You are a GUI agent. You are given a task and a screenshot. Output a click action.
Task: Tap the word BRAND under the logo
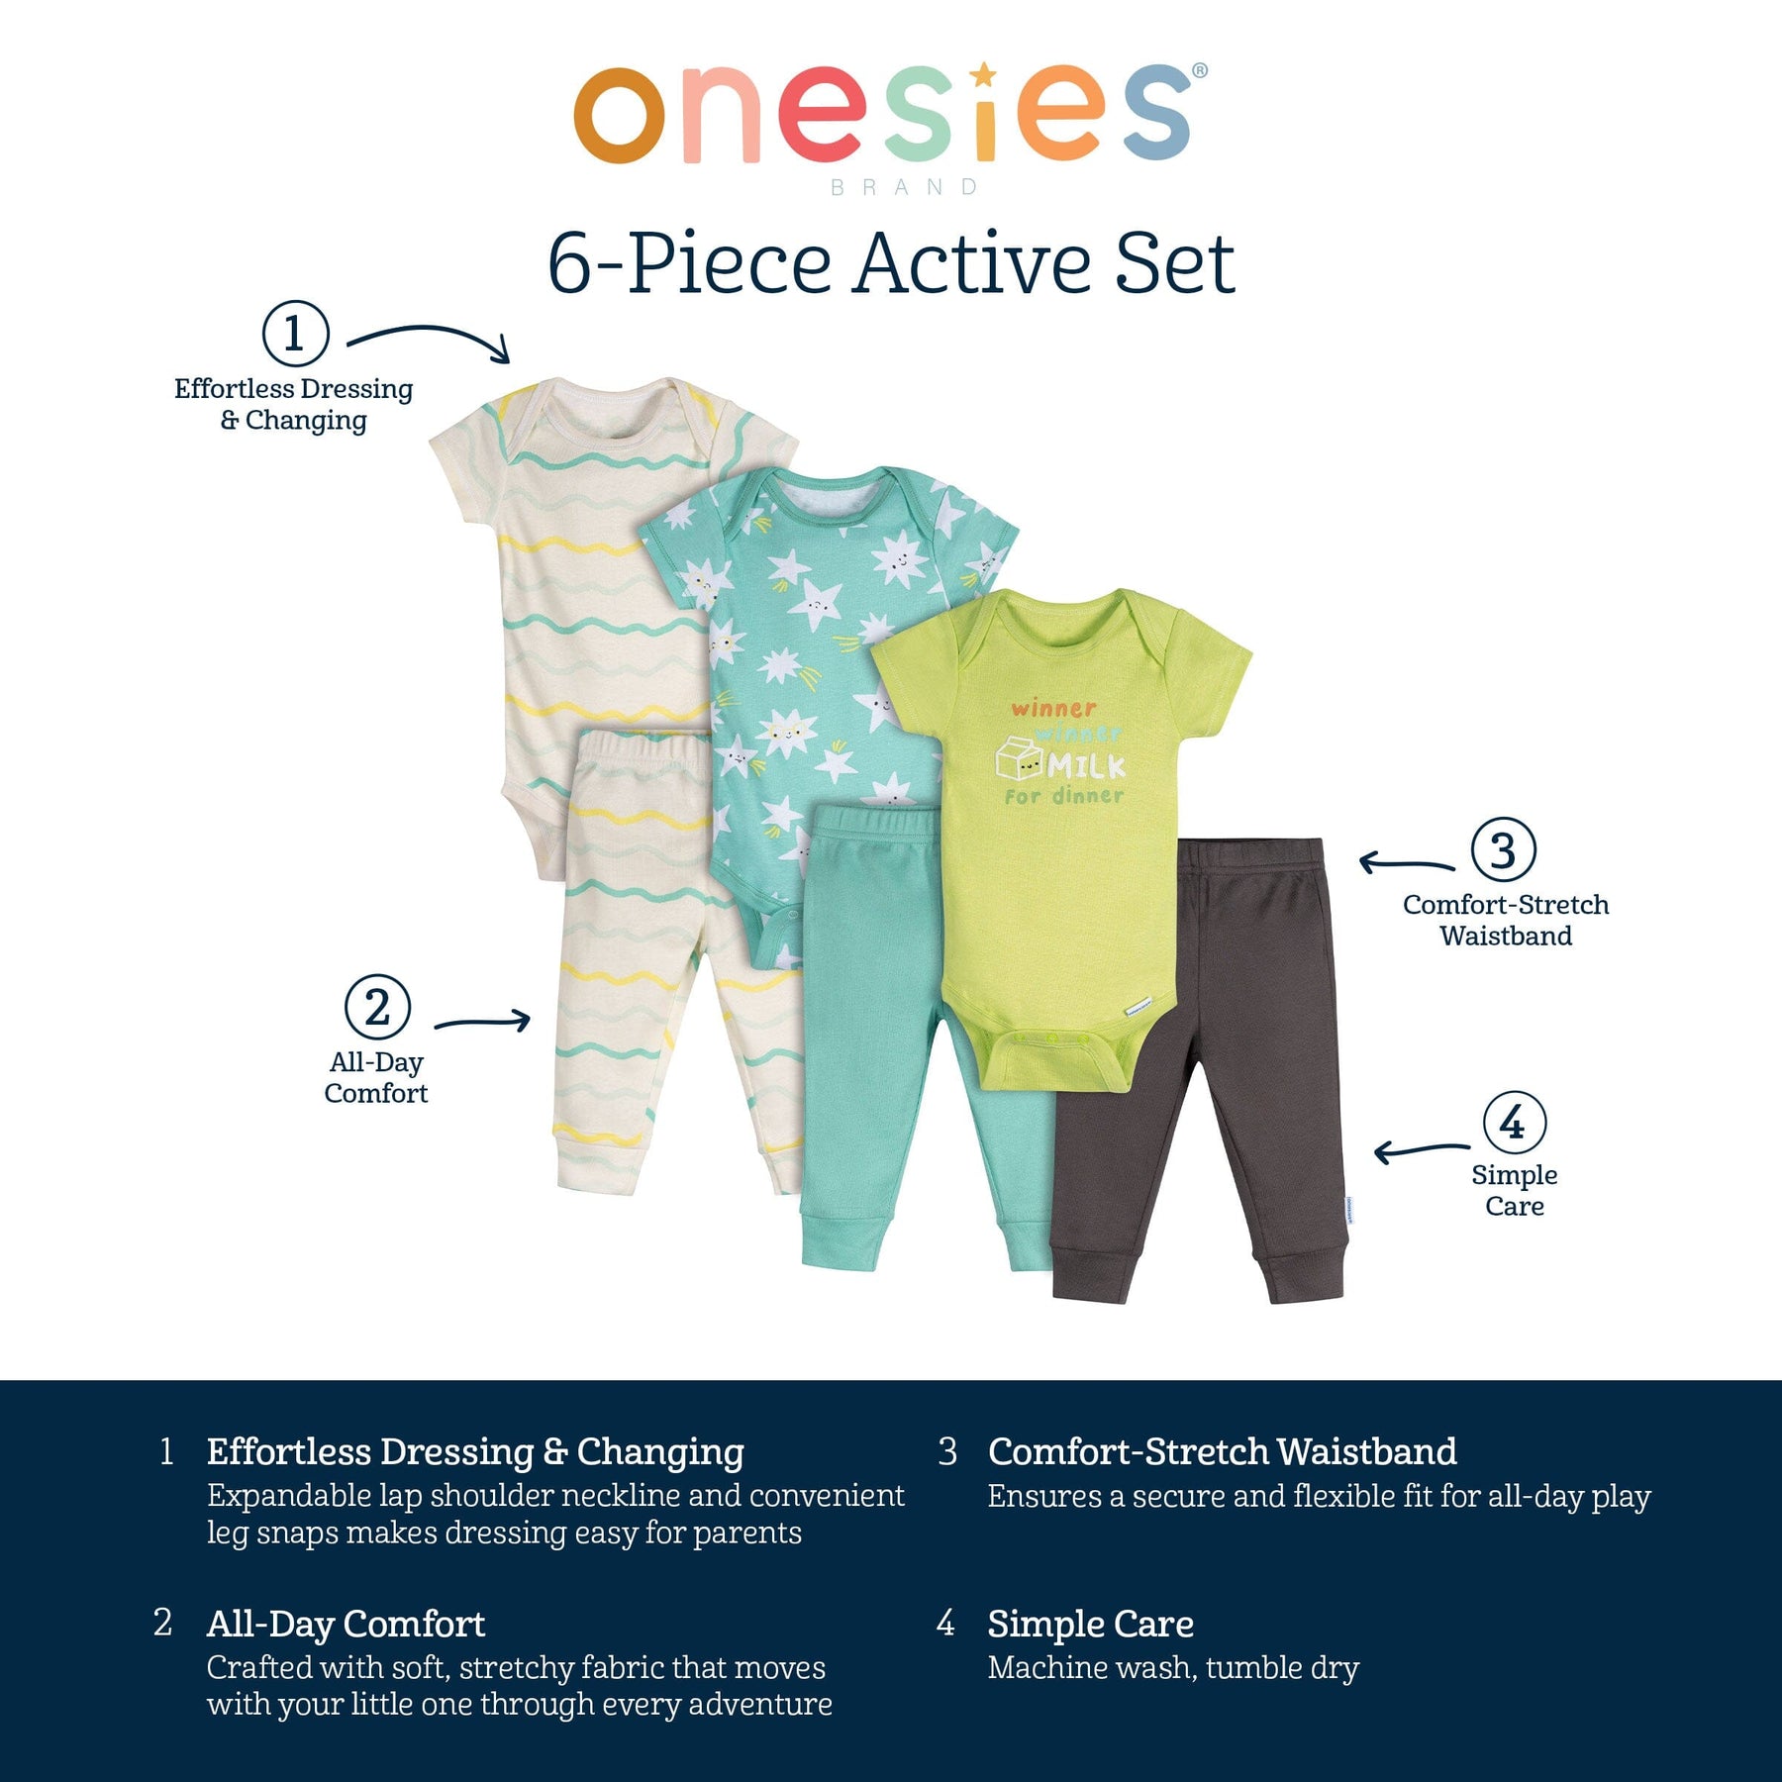pos(905,187)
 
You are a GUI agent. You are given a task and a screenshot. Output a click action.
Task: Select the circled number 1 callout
pos(295,334)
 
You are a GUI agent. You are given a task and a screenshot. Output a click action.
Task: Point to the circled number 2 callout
pos(377,1008)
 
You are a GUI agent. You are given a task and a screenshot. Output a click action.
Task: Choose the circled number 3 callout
pos(1503,849)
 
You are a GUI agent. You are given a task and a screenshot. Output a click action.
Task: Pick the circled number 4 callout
pos(1514,1123)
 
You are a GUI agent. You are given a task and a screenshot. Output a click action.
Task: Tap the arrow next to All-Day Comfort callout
pos(483,1021)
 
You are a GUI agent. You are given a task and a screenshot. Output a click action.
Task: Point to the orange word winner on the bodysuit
pos(1053,708)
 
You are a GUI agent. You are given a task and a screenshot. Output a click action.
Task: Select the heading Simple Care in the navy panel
pos(1090,1625)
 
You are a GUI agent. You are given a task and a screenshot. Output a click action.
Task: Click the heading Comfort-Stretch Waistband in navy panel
pos(1222,1451)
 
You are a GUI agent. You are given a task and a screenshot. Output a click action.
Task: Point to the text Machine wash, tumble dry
pos(1173,1668)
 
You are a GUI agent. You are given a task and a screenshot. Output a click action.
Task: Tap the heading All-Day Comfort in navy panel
pos(346,1625)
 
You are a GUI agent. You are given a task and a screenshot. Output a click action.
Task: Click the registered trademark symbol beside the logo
pos(1200,70)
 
